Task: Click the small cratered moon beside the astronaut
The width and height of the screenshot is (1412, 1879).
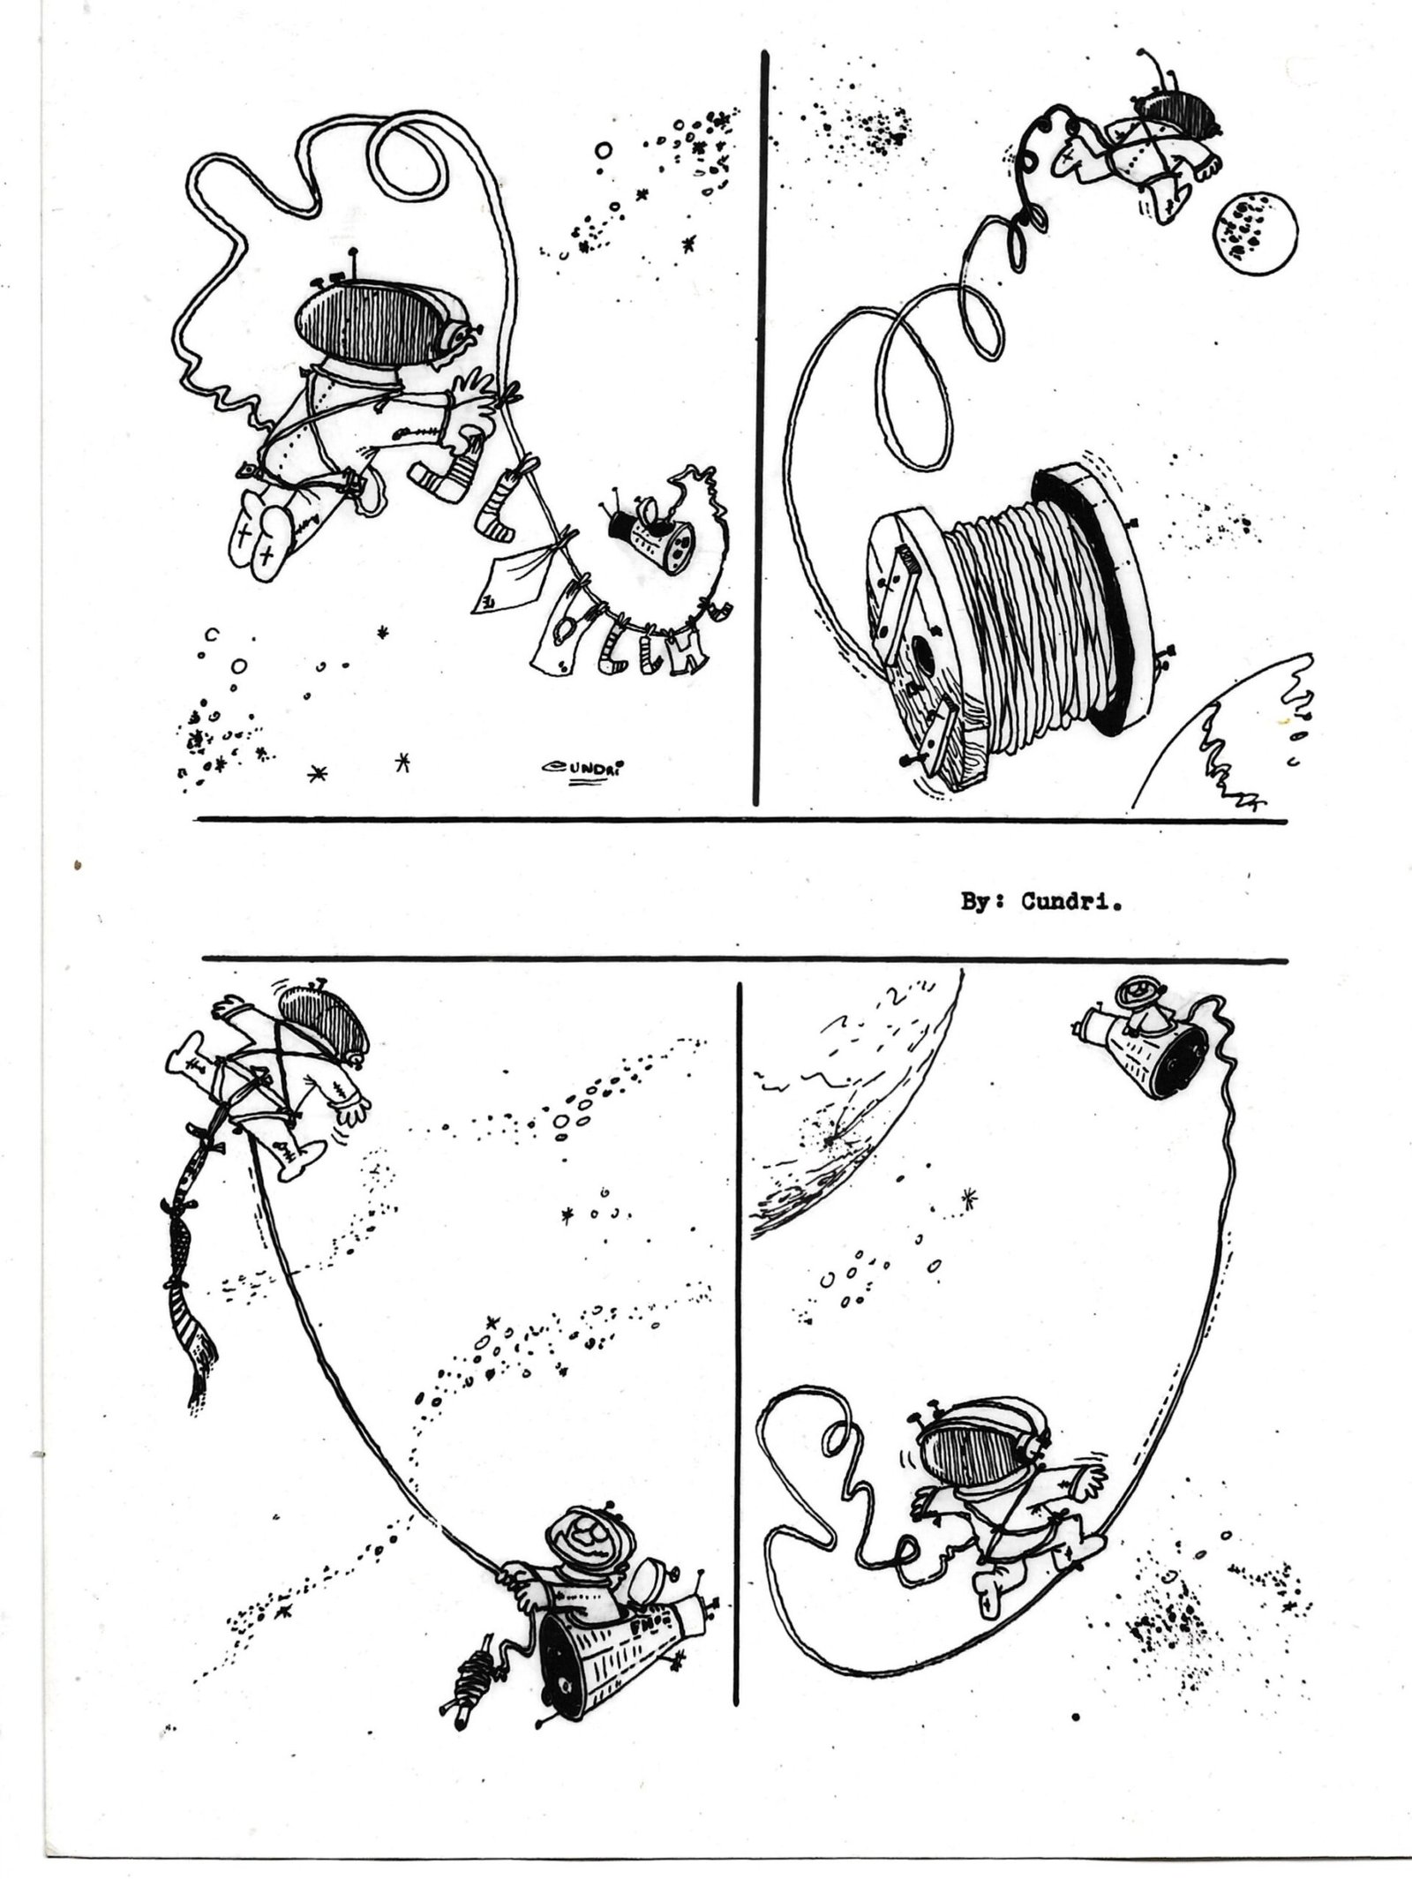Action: (x=1255, y=226)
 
